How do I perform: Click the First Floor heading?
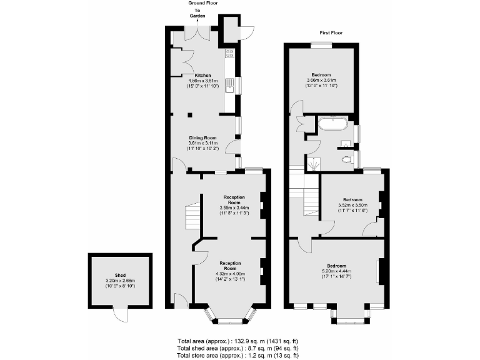pos(330,32)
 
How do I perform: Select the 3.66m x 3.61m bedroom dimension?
pos(321,80)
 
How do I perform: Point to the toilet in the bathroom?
pos(347,159)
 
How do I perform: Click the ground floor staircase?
pos(191,219)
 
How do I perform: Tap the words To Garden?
pos(197,14)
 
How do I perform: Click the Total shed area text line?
pos(237,347)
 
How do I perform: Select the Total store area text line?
pos(237,354)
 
